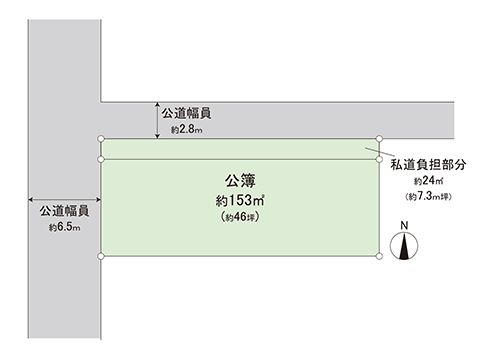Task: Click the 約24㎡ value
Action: coord(431,181)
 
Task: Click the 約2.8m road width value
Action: coord(187,130)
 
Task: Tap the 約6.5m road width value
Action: coord(64,228)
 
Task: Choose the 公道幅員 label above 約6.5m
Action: coord(65,211)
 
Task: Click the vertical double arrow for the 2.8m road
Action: coord(158,119)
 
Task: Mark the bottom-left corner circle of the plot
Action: coord(101,257)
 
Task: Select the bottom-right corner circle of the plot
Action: coord(379,257)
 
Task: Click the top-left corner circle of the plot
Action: coord(101,139)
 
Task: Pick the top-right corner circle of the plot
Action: coord(379,139)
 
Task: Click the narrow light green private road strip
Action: coord(240,149)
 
